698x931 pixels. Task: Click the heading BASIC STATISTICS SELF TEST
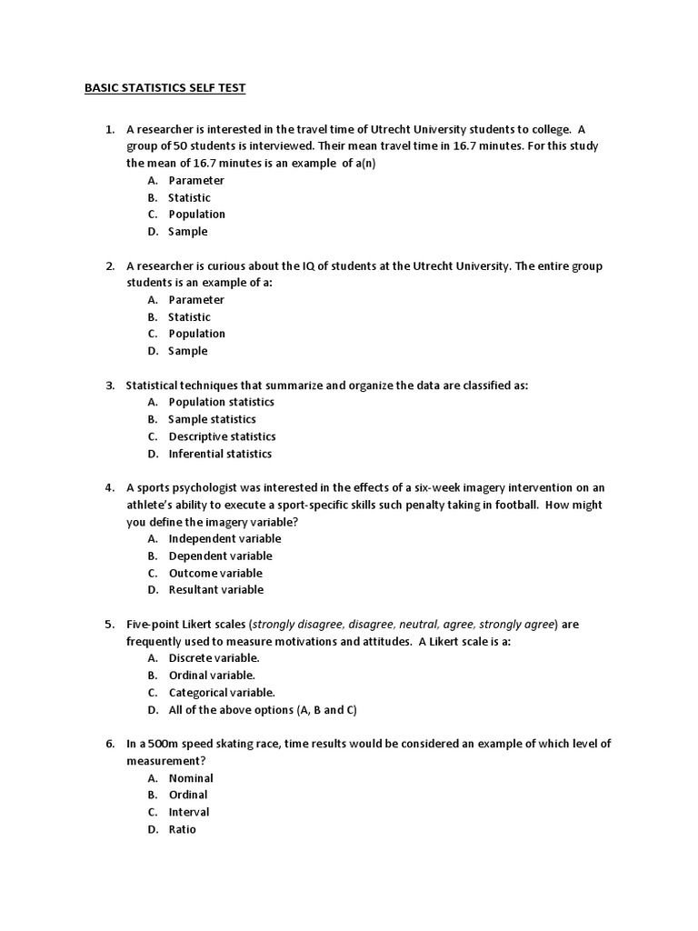tap(165, 88)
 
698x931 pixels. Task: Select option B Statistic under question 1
tap(189, 197)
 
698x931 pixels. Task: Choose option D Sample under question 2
tap(187, 351)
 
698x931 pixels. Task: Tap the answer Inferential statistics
tap(220, 454)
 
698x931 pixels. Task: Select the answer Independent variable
tap(224, 538)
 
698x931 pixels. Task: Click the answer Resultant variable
tap(216, 589)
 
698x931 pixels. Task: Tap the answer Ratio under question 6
tap(182, 829)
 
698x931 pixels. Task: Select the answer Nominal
tap(191, 778)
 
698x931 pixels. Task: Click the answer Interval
tap(189, 812)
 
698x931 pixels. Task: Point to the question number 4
tap(109, 487)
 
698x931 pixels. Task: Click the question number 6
tap(109, 744)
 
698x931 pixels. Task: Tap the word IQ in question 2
tap(291, 266)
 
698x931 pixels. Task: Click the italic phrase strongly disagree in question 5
tap(297, 625)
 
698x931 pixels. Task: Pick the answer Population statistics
tap(221, 402)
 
